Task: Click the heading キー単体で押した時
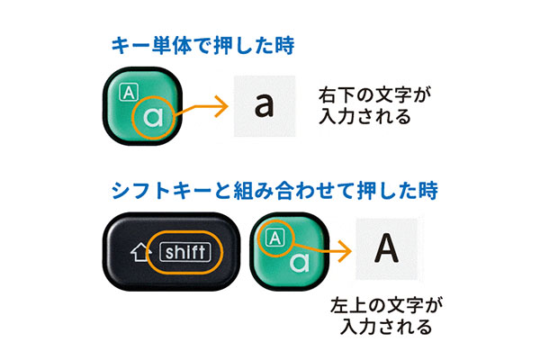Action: point(202,46)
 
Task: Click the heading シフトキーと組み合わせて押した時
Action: point(274,190)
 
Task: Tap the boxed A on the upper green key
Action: point(129,93)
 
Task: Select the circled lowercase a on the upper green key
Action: point(153,117)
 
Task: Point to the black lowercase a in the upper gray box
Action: point(264,105)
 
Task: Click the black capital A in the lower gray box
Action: point(386,247)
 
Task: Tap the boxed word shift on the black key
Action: point(185,253)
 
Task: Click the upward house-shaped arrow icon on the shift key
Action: point(141,252)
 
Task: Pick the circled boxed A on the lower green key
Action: point(275,238)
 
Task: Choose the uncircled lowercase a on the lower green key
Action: point(300,263)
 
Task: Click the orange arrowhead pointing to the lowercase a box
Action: point(221,106)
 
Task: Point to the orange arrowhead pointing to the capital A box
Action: point(345,251)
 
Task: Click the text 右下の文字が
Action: point(374,95)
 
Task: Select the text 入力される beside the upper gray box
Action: point(365,116)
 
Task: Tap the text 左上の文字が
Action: point(386,305)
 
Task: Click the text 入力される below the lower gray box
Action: point(386,327)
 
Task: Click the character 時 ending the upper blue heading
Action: point(284,46)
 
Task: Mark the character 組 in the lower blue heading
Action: point(244,190)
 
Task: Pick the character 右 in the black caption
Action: point(328,95)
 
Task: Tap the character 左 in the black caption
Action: point(339,305)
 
